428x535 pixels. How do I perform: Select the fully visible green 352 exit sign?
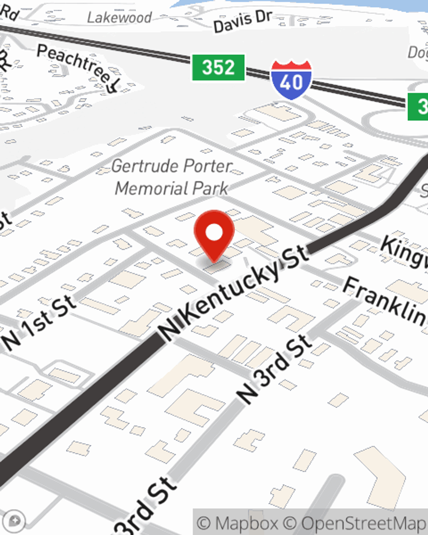218,68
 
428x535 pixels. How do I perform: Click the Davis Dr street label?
242,21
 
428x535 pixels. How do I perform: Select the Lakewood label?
119,18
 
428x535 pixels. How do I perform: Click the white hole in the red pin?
214,233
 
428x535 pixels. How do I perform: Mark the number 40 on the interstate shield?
291,82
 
